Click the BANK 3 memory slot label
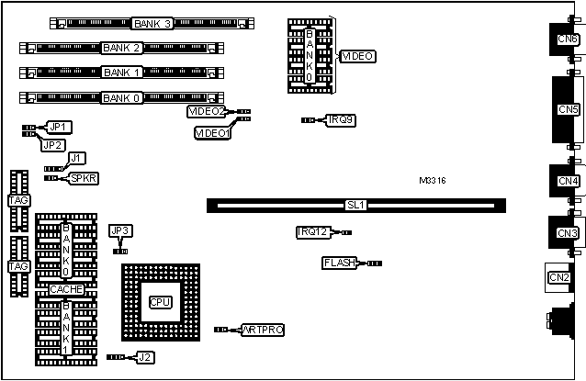pos(152,23)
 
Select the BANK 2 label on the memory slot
pos(123,48)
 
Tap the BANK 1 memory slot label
pos(123,73)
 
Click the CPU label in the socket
pos(160,302)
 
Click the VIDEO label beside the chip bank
pos(357,57)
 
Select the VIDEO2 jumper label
pos(207,111)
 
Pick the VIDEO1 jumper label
pos(213,133)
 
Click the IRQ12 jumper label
pos(313,232)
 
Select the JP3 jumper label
pos(120,230)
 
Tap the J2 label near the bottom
pos(144,356)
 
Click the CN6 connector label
pos(568,39)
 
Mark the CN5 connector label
pos(568,109)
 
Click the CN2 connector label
pos(558,278)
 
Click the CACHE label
pos(67,290)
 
